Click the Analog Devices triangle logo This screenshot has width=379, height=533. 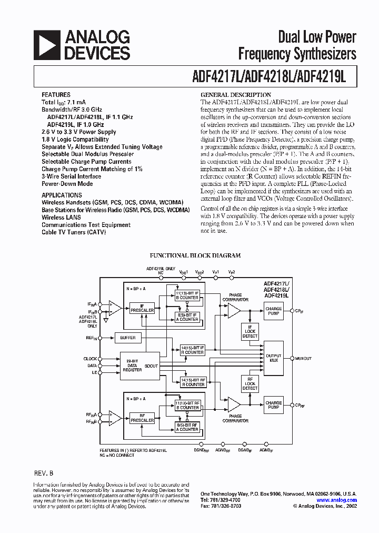click(x=47, y=45)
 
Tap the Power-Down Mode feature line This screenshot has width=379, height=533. click(x=67, y=184)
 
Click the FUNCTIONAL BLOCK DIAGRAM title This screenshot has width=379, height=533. click(x=195, y=255)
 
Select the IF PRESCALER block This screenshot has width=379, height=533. click(x=142, y=308)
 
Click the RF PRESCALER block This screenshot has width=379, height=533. click(x=142, y=418)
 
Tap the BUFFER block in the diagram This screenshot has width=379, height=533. click(x=127, y=338)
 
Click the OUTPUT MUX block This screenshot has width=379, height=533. click(x=274, y=358)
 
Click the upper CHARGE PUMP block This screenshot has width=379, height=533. click(x=274, y=311)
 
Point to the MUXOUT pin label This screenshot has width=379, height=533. click(x=303, y=359)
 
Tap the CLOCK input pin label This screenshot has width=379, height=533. click(x=90, y=359)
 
